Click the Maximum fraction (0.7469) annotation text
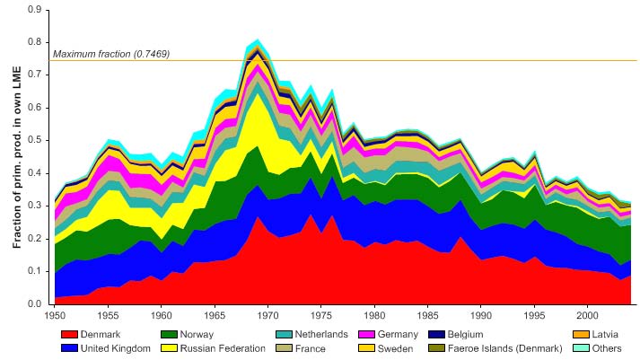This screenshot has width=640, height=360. (x=111, y=54)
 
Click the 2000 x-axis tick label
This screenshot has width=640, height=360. (x=587, y=316)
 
